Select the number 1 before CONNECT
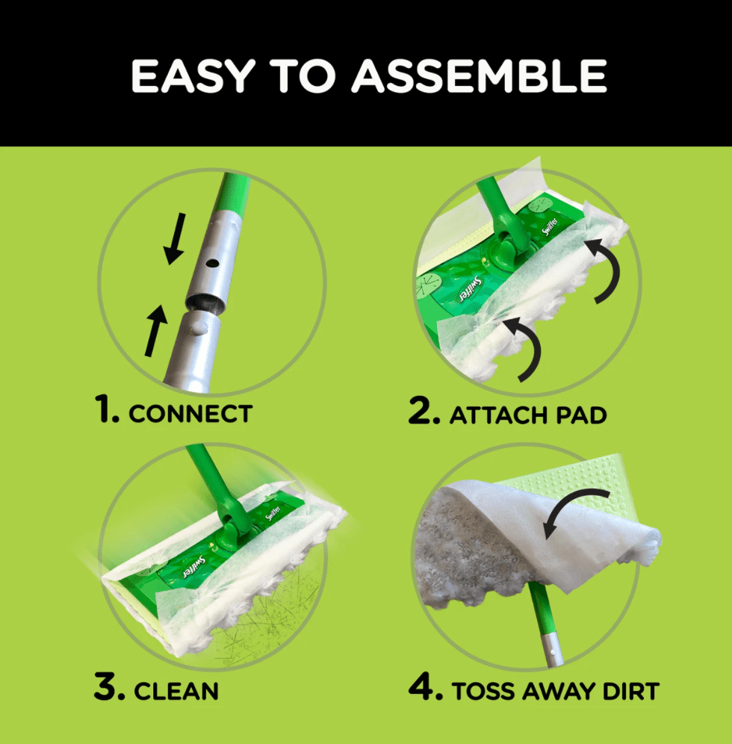106,412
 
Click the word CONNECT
190,413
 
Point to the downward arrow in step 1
175,242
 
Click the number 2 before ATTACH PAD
423,412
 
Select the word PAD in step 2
574,415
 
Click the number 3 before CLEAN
109,689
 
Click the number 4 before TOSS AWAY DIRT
424,689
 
